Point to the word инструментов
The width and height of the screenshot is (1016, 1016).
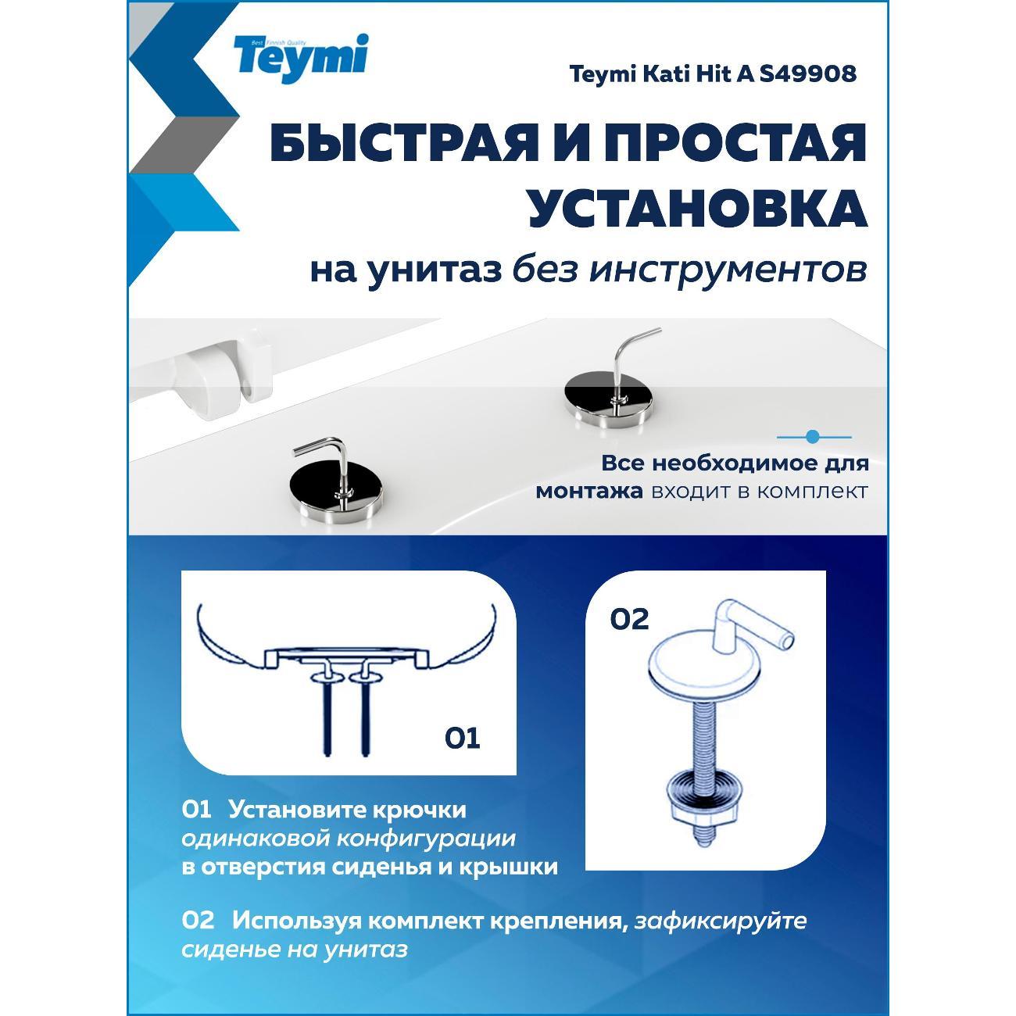coord(728,272)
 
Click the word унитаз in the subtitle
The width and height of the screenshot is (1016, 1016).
coord(435,273)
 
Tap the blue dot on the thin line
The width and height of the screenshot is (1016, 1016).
coord(813,436)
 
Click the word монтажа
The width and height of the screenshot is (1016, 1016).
coord(589,492)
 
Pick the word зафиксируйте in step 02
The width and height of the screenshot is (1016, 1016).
coord(721,921)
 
